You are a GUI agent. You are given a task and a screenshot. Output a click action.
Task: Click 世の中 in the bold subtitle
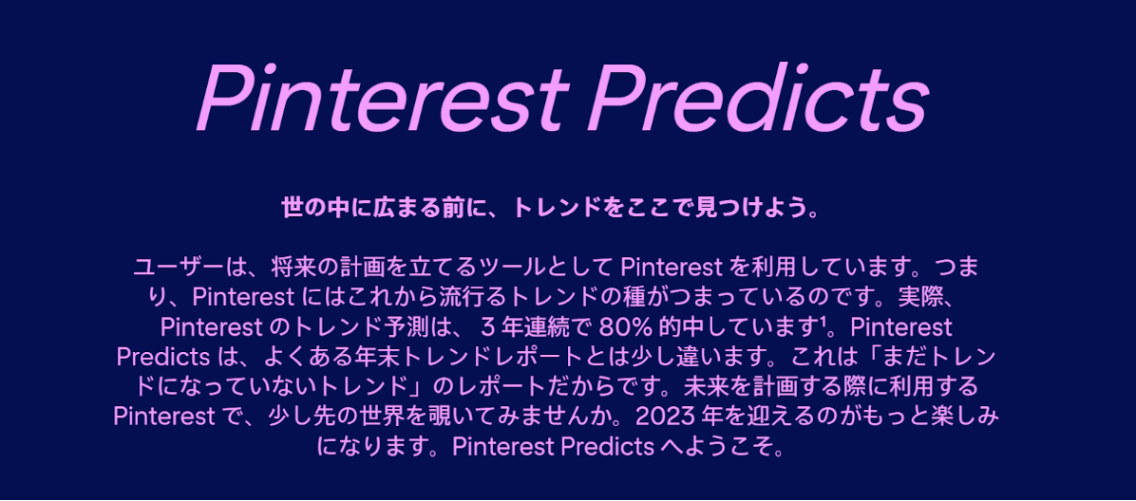313,209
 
